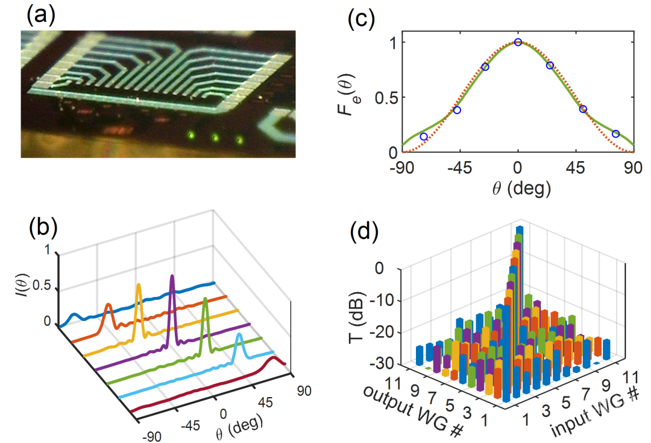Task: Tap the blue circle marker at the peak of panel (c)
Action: [518, 42]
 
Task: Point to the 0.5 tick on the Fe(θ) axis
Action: [391, 97]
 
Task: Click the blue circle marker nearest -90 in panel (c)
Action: [424, 137]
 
